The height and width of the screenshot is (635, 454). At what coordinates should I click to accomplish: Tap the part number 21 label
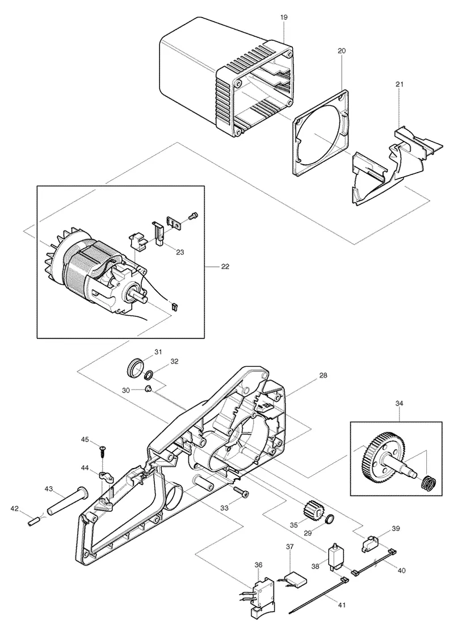pos(400,85)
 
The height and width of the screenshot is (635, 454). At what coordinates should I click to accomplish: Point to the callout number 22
pos(225,266)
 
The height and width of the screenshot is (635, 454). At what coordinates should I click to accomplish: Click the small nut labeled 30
pos(148,389)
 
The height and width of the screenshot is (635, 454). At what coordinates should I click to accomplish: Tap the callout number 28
pos(323,376)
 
